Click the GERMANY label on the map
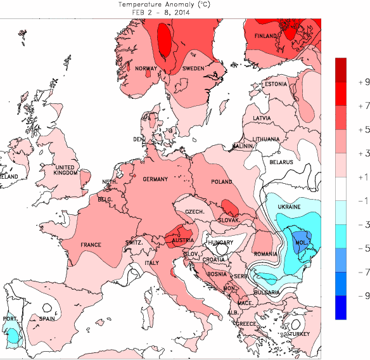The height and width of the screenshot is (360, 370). [x=155, y=179]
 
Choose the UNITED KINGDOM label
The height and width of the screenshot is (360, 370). [x=66, y=170]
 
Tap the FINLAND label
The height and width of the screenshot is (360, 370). [x=266, y=37]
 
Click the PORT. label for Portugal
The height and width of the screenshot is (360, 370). [x=10, y=319]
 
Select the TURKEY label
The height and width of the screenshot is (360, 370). [x=299, y=333]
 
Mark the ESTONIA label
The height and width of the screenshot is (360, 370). [x=276, y=84]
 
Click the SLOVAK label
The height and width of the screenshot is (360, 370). [x=228, y=220]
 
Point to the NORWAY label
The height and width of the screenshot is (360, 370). [x=146, y=68]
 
